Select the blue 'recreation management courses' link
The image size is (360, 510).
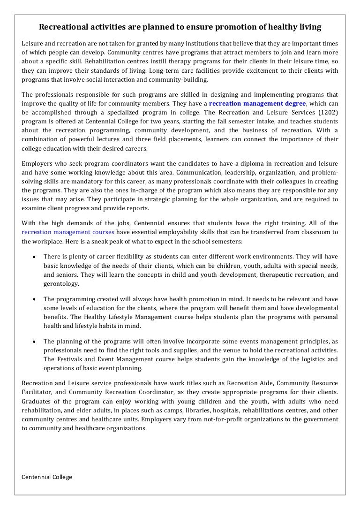click(x=68, y=232)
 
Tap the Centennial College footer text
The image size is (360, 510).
click(x=47, y=477)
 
